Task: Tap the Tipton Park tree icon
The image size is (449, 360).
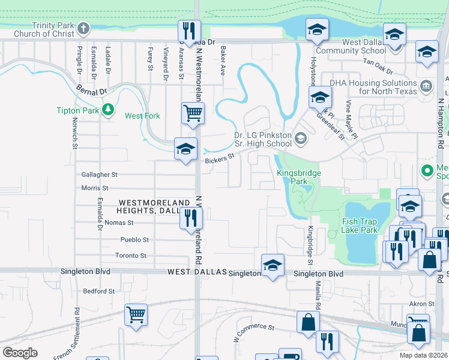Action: pos(108,110)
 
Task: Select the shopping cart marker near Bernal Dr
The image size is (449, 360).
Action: pos(193,112)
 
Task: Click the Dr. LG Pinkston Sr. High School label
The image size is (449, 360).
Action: pos(263,139)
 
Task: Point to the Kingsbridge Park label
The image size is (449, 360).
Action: pos(299,177)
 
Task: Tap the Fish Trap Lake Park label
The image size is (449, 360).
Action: pos(368,226)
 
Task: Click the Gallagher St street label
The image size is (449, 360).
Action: pos(100,175)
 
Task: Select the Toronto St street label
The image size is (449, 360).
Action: pos(131,256)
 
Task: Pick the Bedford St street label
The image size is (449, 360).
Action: pos(98,291)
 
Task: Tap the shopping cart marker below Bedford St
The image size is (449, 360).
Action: pos(136,314)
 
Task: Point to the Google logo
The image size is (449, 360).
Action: pos(20,352)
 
